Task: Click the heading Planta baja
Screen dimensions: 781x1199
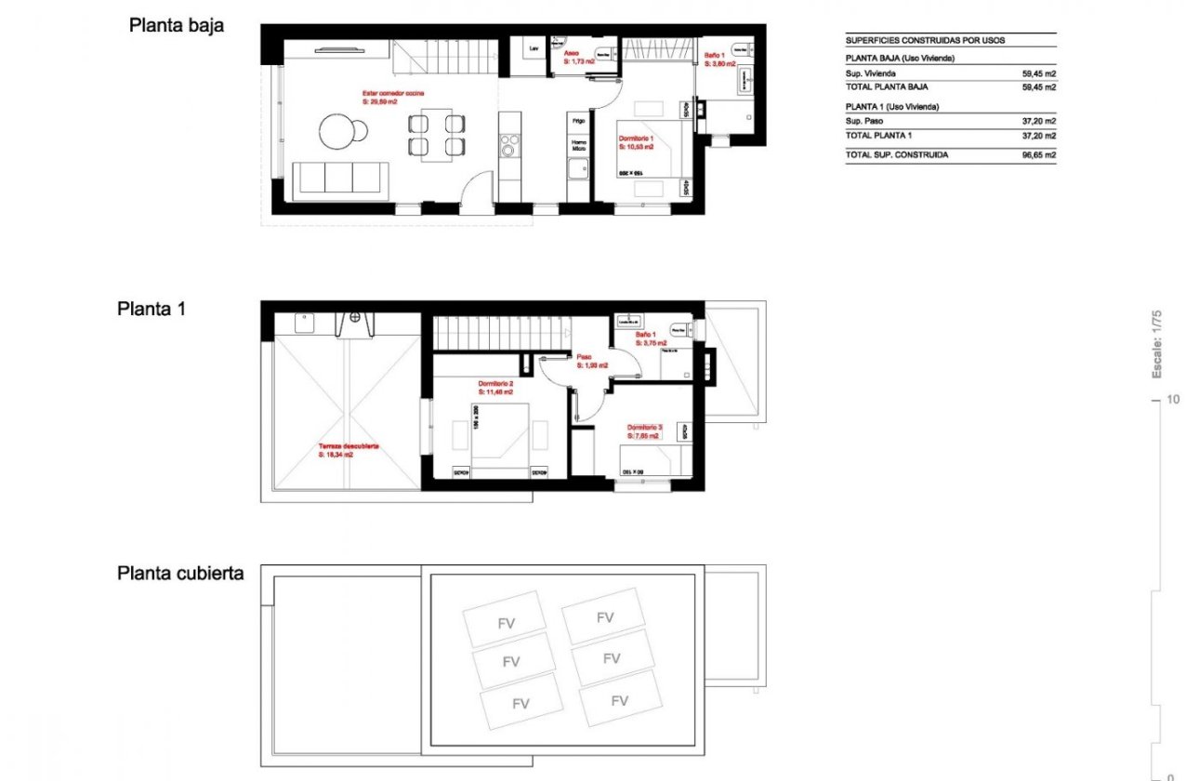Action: coord(176,26)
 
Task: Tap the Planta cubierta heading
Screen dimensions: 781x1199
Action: coord(180,573)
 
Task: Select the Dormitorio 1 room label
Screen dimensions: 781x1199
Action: coord(637,142)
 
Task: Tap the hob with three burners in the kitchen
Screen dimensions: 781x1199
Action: coord(508,146)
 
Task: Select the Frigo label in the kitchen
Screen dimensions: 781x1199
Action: coord(578,121)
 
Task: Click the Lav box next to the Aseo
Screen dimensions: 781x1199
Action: coord(534,48)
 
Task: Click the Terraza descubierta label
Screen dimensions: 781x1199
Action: coord(348,450)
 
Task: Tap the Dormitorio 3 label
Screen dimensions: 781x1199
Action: coord(643,430)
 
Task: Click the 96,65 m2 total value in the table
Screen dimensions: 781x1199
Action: coord(1038,155)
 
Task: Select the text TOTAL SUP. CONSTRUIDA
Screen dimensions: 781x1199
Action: coord(897,155)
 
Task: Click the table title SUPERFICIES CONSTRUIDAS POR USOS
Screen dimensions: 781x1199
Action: coord(925,41)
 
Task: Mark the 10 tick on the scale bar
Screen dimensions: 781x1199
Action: coord(1172,400)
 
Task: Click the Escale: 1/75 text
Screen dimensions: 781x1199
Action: coord(1157,345)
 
